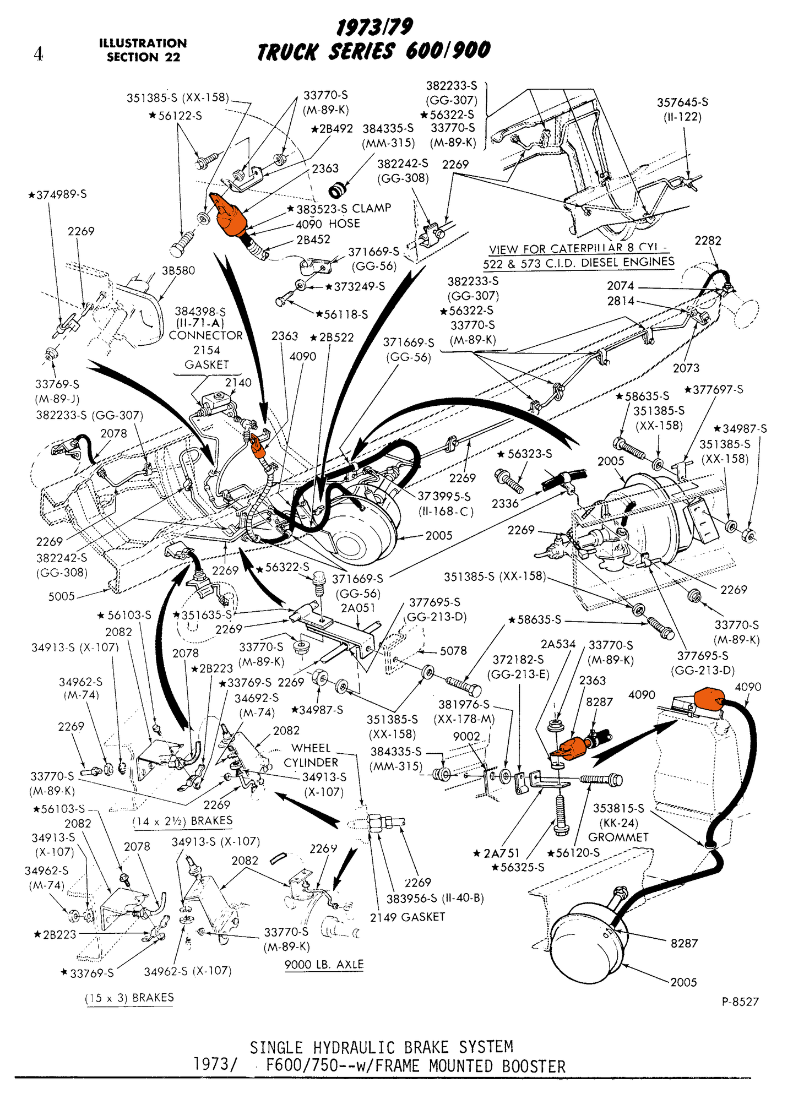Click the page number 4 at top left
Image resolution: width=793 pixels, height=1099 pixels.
tap(38, 54)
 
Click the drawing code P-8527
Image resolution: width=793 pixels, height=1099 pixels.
tap(740, 1002)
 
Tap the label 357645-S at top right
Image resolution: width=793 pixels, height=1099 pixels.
tap(682, 102)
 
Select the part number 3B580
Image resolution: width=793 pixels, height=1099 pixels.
tap(178, 270)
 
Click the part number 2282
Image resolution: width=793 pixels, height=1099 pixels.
tap(707, 241)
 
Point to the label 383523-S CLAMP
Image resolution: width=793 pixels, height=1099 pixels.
tap(339, 209)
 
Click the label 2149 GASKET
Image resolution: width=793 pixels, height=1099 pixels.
tap(407, 917)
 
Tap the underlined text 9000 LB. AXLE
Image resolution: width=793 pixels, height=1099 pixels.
tap(324, 964)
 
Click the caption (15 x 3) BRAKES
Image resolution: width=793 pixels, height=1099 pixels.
tap(129, 998)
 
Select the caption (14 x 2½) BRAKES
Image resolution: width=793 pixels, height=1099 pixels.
tap(183, 821)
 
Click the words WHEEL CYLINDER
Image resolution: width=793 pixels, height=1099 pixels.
tap(311, 755)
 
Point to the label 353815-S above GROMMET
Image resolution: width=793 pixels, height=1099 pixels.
tap(618, 808)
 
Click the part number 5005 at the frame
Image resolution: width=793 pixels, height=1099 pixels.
tap(61, 596)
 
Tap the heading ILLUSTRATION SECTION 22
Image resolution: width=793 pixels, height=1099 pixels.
tap(143, 50)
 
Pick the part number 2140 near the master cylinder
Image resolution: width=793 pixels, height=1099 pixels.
tap(238, 382)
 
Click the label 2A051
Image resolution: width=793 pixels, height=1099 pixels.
tap(357, 608)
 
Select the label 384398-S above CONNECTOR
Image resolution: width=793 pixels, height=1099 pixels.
tap(200, 311)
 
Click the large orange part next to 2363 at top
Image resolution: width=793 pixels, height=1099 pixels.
tap(227, 215)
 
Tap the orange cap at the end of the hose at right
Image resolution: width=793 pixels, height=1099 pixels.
tap(708, 698)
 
